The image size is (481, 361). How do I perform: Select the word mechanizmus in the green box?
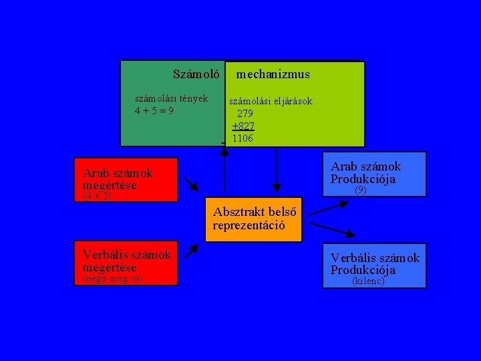click(273, 74)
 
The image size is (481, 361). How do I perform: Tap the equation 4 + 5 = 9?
click(154, 110)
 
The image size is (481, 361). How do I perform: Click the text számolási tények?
click(172, 98)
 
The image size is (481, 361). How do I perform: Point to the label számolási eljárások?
click(271, 102)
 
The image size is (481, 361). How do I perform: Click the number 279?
click(245, 114)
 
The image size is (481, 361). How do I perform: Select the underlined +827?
click(243, 126)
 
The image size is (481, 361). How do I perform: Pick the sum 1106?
click(243, 138)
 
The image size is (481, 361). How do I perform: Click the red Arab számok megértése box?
click(126, 179)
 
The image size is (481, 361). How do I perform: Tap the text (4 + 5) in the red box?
click(97, 197)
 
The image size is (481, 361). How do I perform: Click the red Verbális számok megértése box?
click(126, 262)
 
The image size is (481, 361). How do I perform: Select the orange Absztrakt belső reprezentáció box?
click(255, 219)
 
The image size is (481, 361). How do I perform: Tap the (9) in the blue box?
click(360, 191)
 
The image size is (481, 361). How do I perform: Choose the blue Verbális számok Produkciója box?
click(375, 265)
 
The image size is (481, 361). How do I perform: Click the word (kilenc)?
click(368, 281)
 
